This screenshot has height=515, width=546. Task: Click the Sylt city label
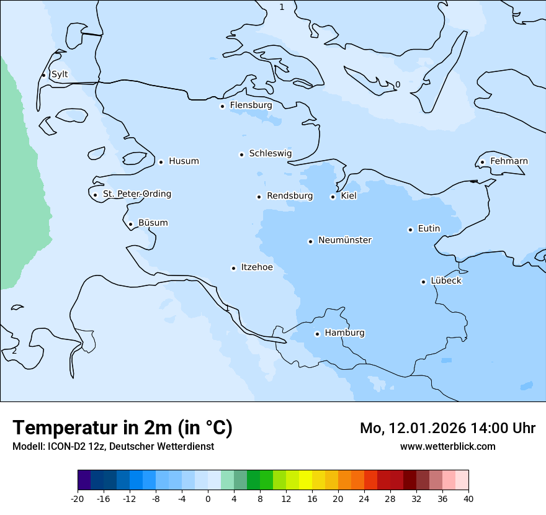pyautogui.click(x=60, y=74)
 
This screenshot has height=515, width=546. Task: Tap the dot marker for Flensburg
pyautogui.click(x=222, y=106)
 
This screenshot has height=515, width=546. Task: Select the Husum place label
pyautogui.click(x=184, y=161)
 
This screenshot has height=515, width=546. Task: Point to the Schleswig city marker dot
pyautogui.click(x=241, y=154)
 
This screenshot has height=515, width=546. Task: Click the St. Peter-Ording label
pyautogui.click(x=136, y=194)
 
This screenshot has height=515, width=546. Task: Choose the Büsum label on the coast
pyautogui.click(x=153, y=223)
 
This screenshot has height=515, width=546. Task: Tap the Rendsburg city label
pyautogui.click(x=290, y=196)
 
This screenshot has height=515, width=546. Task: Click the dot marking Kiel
pyautogui.click(x=333, y=197)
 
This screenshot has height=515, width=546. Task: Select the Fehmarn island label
pyautogui.click(x=509, y=161)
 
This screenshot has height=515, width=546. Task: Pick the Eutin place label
pyautogui.click(x=429, y=229)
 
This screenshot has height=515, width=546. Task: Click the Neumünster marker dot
pyautogui.click(x=310, y=241)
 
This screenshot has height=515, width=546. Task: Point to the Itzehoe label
pyautogui.click(x=257, y=267)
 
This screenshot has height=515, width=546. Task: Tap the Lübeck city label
pyautogui.click(x=445, y=281)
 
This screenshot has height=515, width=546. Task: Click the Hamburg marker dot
pyautogui.click(x=317, y=334)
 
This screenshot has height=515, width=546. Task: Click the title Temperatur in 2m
pyautogui.click(x=122, y=428)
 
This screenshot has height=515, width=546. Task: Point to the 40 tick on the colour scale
pyautogui.click(x=468, y=499)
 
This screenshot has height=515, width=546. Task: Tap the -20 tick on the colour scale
pyautogui.click(x=78, y=499)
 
